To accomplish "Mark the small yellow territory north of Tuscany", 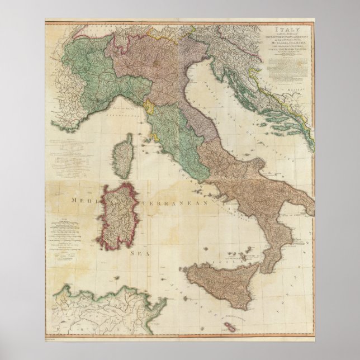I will coord(150,106).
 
